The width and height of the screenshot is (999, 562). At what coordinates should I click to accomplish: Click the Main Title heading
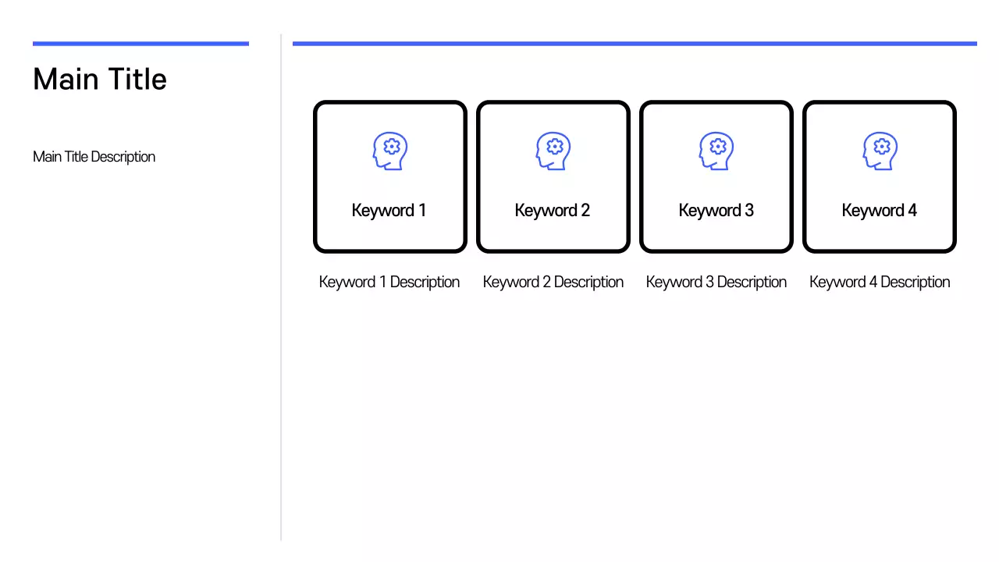tap(100, 80)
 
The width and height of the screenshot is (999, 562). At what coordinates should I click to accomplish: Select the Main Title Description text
tap(94, 157)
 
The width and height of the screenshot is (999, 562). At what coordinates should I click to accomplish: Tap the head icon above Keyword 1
tap(389, 151)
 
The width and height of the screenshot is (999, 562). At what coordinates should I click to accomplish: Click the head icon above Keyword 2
tap(553, 151)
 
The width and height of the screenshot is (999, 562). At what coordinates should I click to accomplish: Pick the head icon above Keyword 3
tap(716, 151)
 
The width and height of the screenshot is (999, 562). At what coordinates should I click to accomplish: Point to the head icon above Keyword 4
tap(880, 151)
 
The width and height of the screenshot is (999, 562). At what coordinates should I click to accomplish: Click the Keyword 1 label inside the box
tap(389, 211)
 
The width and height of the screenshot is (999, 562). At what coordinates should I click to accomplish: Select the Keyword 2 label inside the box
tap(552, 211)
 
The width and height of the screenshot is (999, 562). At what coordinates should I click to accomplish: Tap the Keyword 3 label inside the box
tap(716, 211)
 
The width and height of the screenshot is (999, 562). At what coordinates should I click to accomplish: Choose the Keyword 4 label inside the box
tap(879, 211)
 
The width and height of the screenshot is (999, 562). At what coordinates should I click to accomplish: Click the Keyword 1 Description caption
tap(389, 283)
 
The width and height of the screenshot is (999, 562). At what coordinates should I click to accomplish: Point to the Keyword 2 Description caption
tap(553, 283)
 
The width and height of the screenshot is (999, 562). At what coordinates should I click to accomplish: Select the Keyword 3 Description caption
tap(716, 283)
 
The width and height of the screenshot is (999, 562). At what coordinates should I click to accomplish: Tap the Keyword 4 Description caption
tap(880, 283)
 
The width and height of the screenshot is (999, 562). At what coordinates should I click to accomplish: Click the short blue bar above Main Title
tap(140, 44)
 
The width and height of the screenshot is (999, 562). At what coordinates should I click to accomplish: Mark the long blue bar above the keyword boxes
tap(635, 44)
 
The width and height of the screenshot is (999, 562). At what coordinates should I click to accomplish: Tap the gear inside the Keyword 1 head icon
tap(393, 146)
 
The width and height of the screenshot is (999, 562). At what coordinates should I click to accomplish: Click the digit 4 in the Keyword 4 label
tap(912, 211)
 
